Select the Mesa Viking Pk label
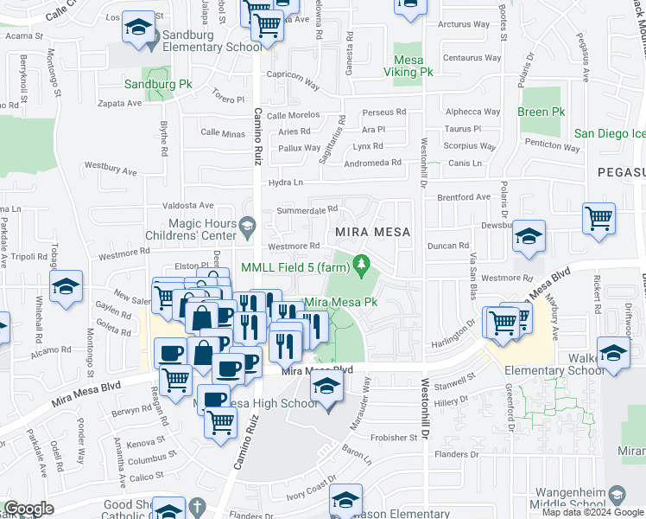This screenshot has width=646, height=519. [413, 66]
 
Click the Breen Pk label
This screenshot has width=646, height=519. [541, 112]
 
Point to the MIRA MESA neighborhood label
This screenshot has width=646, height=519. [372, 232]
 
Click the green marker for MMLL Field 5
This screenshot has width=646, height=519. [362, 264]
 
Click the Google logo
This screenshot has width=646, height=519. [28, 509]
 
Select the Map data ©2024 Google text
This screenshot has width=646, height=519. [592, 512]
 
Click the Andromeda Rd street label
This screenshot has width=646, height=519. [373, 162]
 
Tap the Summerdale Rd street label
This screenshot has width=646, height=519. [307, 210]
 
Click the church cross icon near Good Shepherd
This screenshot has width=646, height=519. [198, 506]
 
